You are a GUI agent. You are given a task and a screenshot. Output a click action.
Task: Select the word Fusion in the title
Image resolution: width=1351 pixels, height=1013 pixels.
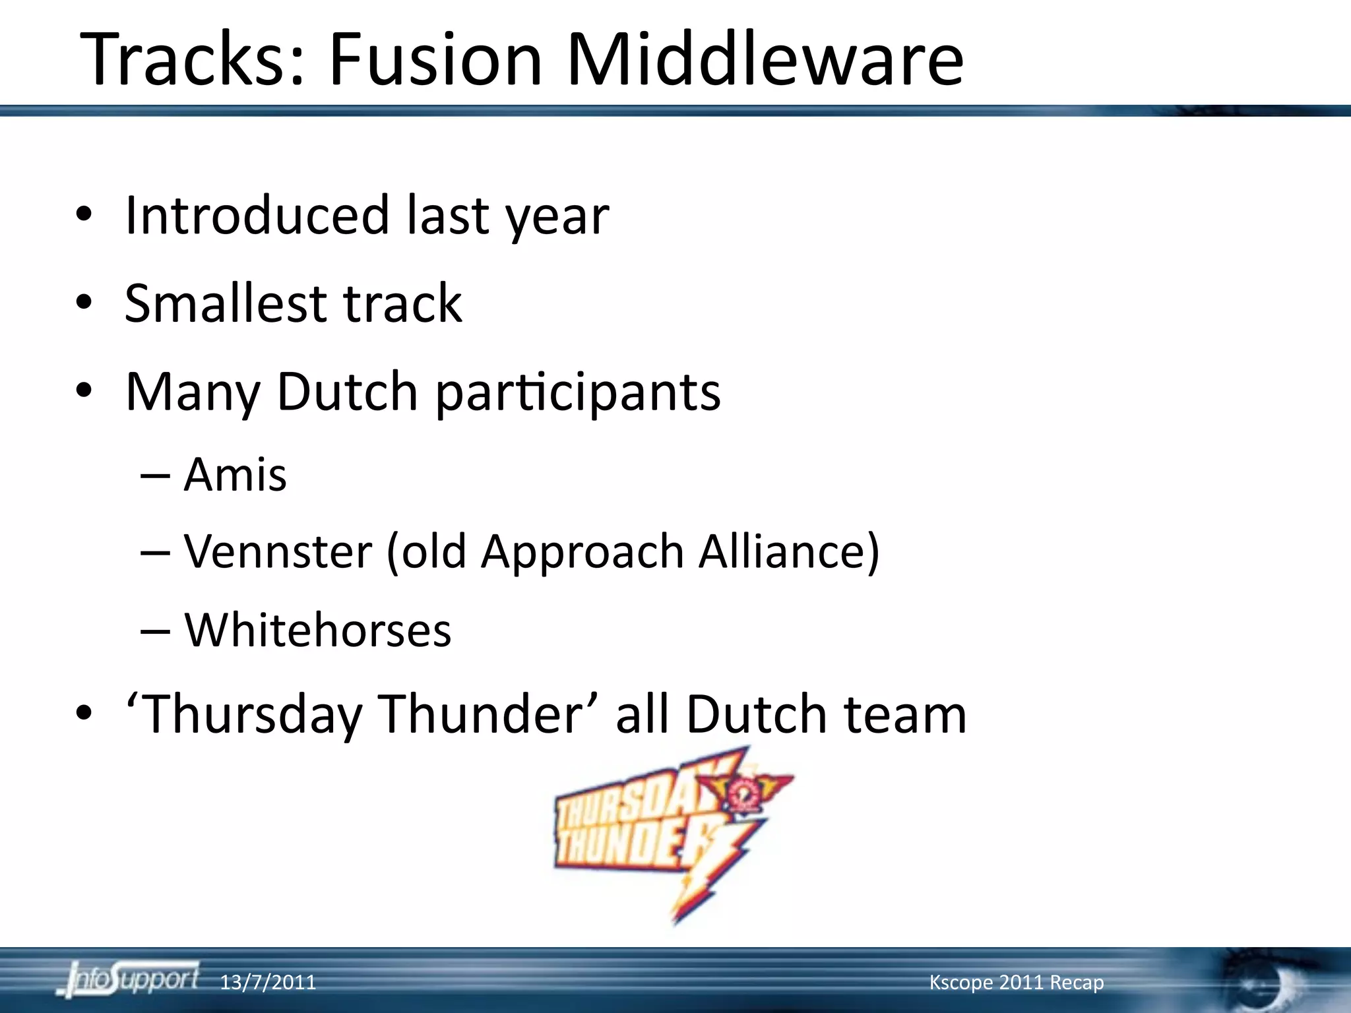[435, 59]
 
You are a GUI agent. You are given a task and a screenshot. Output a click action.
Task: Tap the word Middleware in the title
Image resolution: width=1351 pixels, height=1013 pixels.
[765, 59]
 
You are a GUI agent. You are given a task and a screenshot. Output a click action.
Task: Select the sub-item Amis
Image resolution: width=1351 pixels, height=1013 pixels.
[235, 475]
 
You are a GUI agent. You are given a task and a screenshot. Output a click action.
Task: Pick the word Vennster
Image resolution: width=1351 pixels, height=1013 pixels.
[278, 551]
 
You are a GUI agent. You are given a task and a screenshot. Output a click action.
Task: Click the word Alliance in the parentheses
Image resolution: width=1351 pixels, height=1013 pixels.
[788, 551]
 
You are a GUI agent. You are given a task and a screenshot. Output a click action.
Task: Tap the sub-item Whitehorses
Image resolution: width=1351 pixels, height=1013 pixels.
[317, 630]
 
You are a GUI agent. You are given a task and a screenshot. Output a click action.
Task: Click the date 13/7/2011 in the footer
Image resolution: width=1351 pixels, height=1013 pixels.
[267, 983]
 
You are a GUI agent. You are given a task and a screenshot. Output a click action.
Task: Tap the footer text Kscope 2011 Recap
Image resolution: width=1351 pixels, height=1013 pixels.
[1016, 983]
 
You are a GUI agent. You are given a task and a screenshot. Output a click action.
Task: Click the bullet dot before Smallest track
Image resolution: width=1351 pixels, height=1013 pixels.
[83, 303]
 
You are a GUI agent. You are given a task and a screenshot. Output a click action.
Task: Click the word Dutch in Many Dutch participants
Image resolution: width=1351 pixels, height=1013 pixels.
[347, 392]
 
